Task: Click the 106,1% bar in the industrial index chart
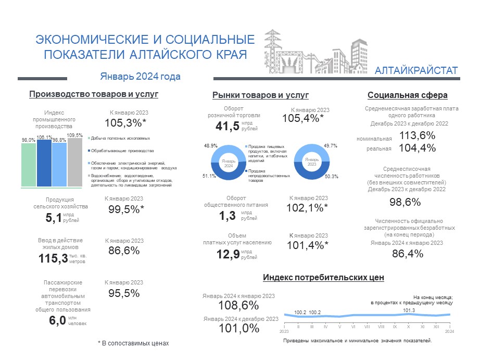[x=44, y=163]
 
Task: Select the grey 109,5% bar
[x=75, y=162]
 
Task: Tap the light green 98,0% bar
[x=29, y=165]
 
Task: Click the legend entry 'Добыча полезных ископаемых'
[x=120, y=138]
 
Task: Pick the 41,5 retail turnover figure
[x=228, y=126]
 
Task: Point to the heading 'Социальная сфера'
[x=408, y=95]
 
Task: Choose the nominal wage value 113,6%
[x=418, y=135]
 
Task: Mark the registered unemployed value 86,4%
[x=407, y=254]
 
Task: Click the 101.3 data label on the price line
[x=409, y=311]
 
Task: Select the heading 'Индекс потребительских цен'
[x=324, y=278]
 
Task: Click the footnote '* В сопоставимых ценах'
[x=133, y=343]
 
